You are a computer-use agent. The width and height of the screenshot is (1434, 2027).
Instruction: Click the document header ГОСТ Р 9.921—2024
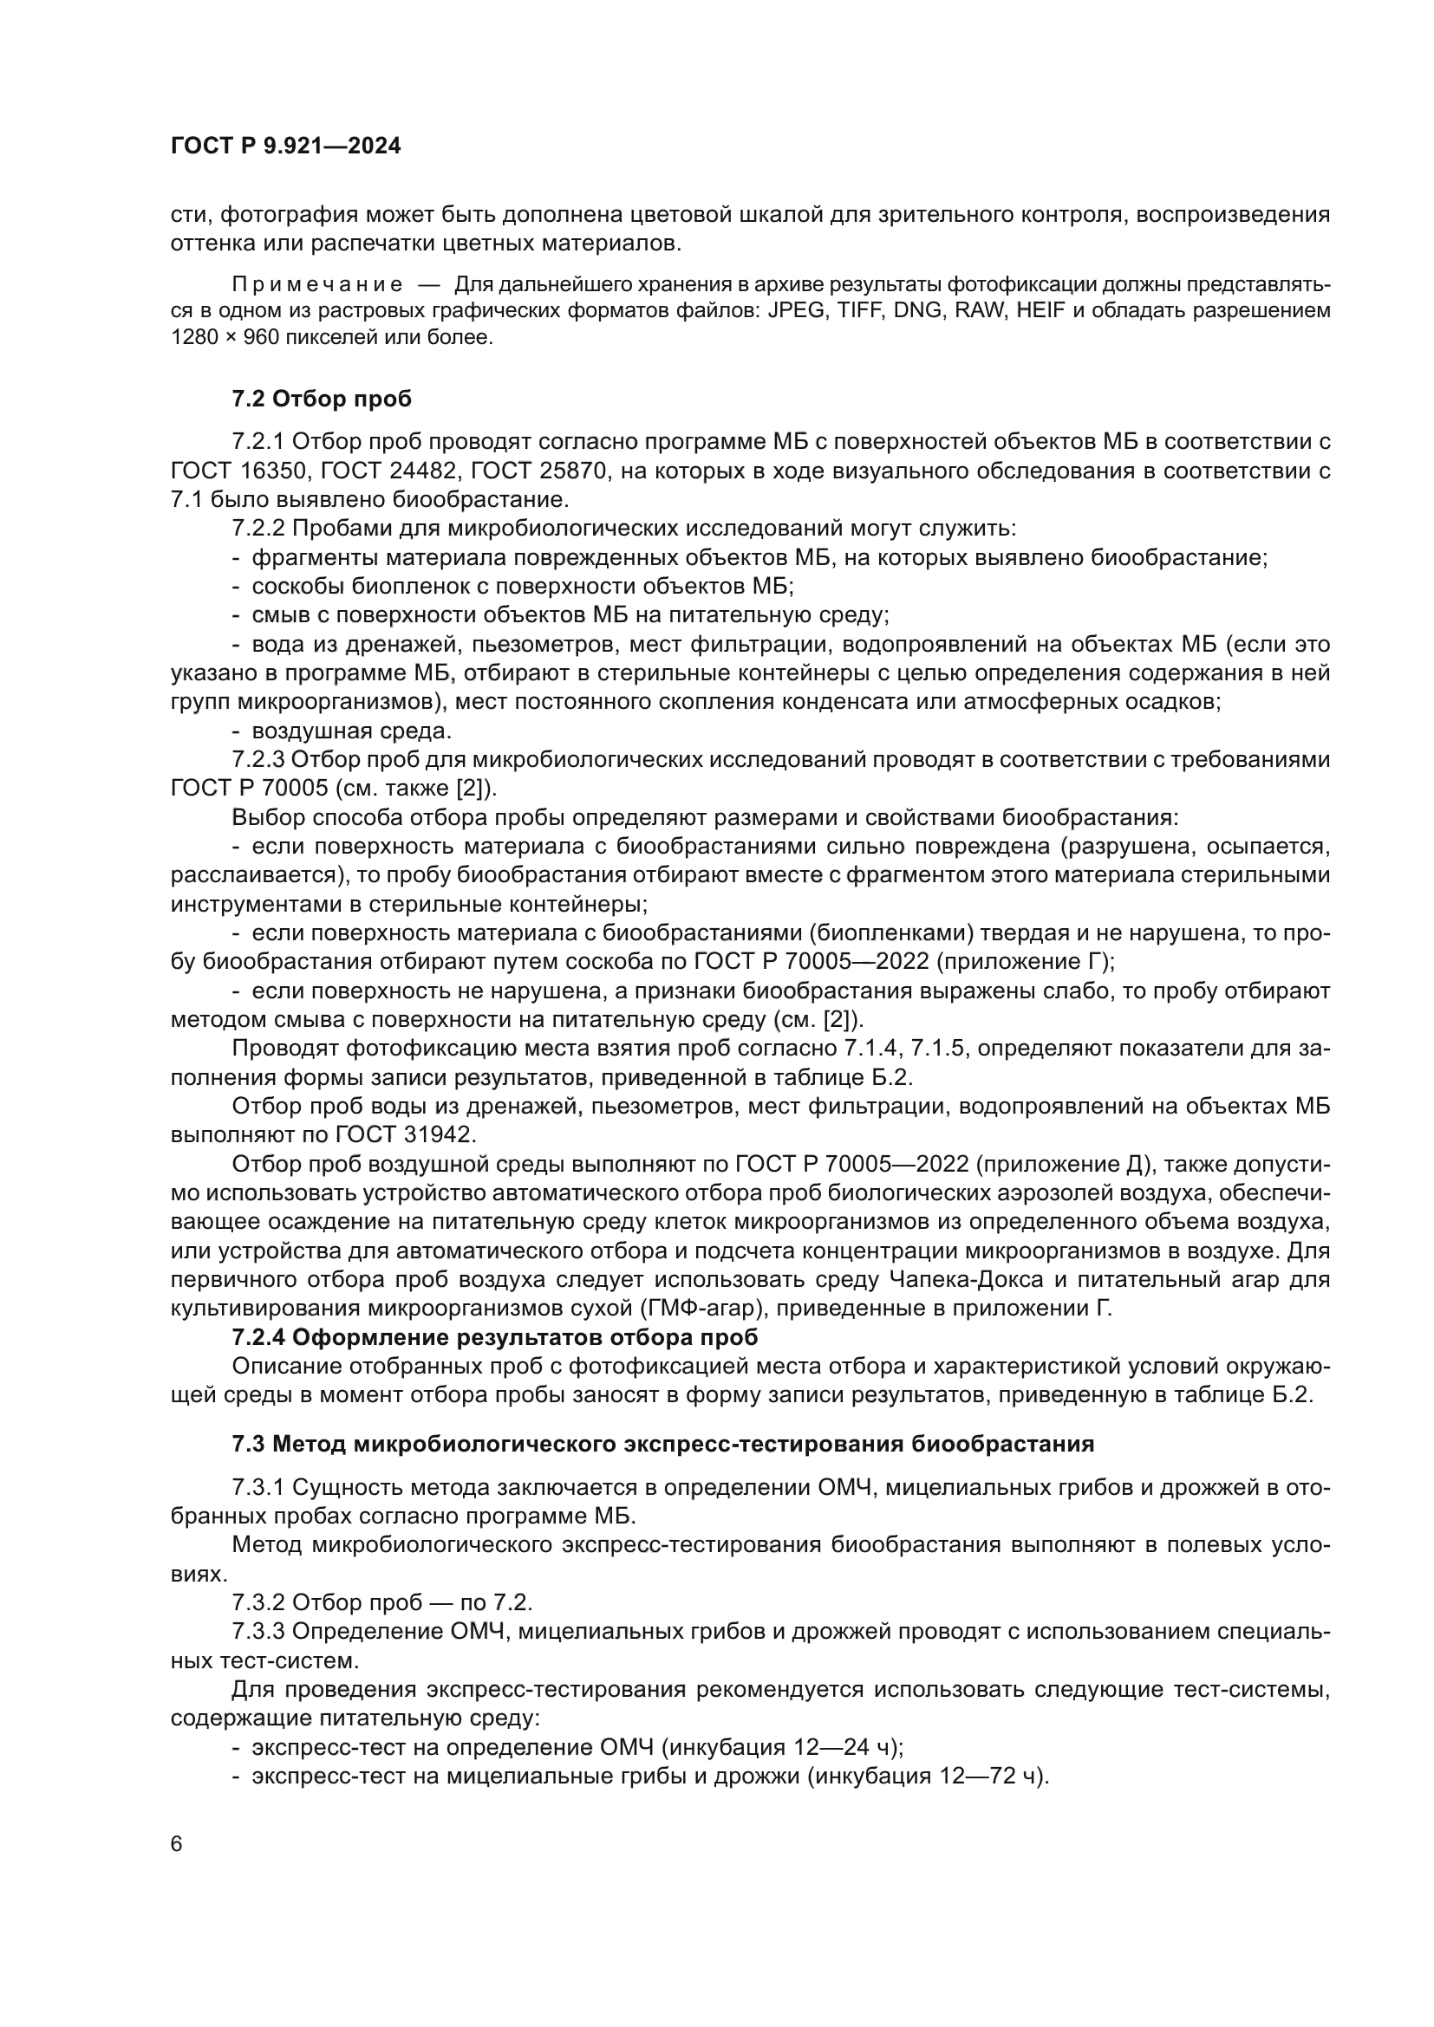pos(285,146)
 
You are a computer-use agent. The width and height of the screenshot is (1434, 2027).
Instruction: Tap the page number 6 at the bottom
pos(177,1844)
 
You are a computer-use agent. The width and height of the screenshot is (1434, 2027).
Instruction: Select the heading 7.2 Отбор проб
pos(322,399)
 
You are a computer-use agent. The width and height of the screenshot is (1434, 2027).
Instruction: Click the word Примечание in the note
pos(317,284)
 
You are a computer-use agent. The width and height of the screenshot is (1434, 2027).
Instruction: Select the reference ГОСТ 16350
pos(237,471)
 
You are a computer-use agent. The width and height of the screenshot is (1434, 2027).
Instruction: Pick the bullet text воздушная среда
pos(351,731)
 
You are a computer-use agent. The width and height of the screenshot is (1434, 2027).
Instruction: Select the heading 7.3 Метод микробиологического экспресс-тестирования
pos(662,1445)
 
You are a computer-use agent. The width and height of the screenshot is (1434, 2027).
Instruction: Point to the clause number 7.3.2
pos(258,1602)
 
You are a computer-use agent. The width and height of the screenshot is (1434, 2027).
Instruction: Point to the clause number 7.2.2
pos(258,528)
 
